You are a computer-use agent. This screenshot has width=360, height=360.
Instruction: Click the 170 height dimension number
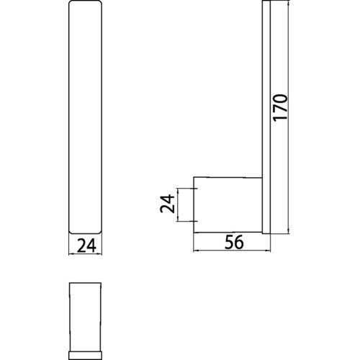(280, 107)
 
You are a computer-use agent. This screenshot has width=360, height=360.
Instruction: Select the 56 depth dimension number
(234, 242)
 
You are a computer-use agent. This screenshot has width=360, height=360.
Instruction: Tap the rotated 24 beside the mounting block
(167, 204)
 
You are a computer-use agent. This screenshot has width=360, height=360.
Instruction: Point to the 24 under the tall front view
(86, 246)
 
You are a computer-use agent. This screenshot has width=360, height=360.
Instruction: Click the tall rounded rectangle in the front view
(85, 117)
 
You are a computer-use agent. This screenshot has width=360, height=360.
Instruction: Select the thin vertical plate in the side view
(266, 117)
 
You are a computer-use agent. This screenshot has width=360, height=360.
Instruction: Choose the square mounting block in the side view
(228, 205)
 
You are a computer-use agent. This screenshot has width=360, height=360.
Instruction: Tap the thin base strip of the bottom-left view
(85, 355)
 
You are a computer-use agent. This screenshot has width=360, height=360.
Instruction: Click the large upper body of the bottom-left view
(85, 317)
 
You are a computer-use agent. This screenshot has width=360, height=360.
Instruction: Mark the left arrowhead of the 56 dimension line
(196, 251)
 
